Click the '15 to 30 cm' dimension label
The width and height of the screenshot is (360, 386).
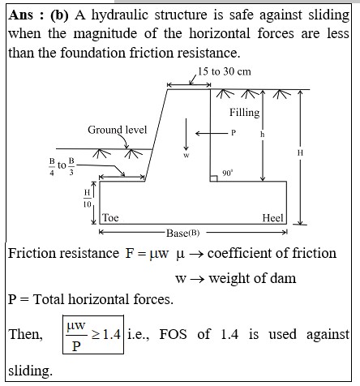[225, 71]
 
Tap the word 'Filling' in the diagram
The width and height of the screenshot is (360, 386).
[244, 112]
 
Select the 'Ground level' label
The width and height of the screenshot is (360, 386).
[118, 130]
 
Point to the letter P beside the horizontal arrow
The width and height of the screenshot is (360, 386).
[234, 133]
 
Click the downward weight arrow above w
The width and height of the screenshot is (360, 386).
[186, 134]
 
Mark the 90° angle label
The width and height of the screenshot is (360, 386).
[227, 173]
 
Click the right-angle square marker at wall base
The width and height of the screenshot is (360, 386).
[213, 178]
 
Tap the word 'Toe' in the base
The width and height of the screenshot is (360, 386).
[110, 217]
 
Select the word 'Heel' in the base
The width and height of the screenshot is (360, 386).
[272, 218]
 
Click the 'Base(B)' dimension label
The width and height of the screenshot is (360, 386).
[183, 233]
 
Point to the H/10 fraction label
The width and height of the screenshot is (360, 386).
[87, 199]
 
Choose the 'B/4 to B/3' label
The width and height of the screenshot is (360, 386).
[62, 167]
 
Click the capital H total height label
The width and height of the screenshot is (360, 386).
[300, 153]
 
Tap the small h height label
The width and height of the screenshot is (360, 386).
[262, 135]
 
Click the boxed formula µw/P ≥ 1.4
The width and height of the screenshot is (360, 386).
[93, 335]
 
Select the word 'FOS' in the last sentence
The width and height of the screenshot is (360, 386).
[173, 334]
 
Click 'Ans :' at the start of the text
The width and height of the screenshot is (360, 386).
[26, 15]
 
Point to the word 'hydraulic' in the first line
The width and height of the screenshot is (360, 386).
[120, 15]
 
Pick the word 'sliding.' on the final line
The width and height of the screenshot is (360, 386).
[30, 371]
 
